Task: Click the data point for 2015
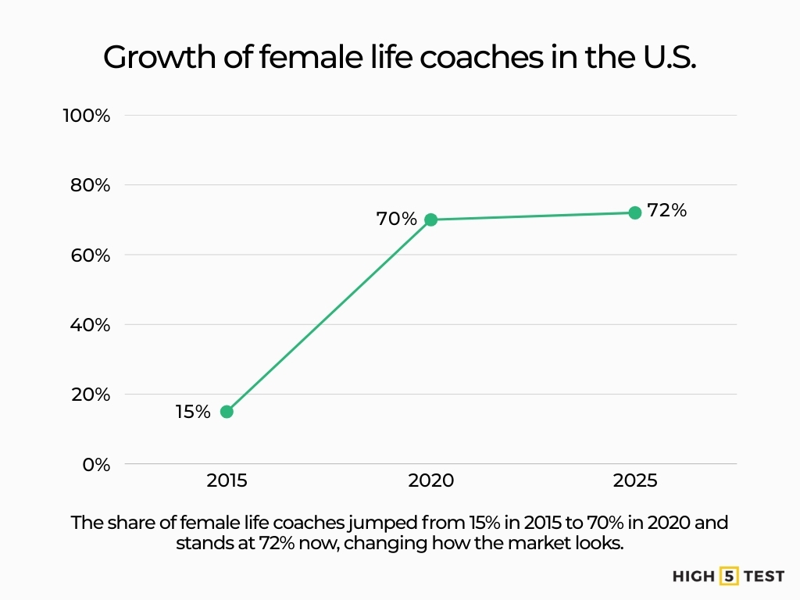tap(227, 412)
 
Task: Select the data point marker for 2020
tap(430, 220)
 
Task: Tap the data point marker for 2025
tap(634, 212)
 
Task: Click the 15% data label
tap(193, 412)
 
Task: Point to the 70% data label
tap(397, 220)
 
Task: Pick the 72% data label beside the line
tap(666, 210)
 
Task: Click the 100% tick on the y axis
tap(86, 116)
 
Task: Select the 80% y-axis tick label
tap(88, 185)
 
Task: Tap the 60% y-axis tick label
tap(88, 255)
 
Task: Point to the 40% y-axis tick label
tap(88, 324)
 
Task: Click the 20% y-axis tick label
tap(88, 394)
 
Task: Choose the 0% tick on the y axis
tap(96, 464)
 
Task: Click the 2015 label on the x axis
tap(227, 481)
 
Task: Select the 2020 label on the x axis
tap(430, 481)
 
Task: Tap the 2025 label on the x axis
tap(634, 481)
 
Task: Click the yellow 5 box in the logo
tap(729, 577)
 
